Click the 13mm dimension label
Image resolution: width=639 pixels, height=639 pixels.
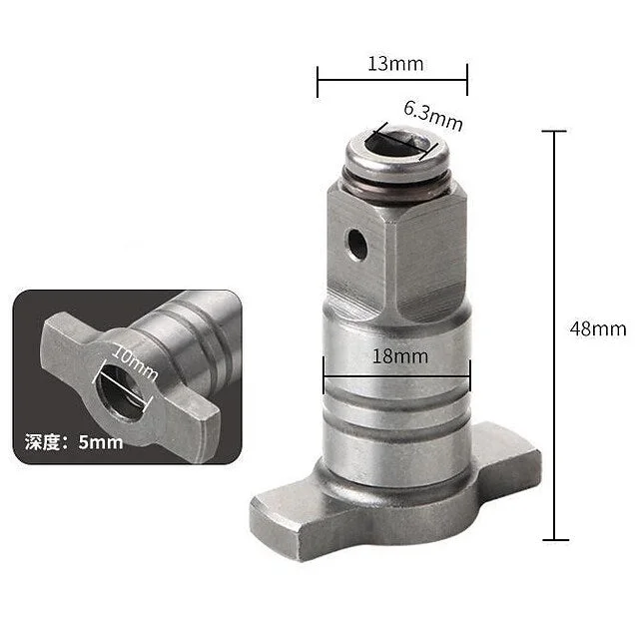pyautogui.click(x=395, y=64)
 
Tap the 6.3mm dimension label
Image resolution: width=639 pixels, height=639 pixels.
pyautogui.click(x=433, y=116)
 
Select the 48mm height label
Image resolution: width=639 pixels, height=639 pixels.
pyautogui.click(x=598, y=328)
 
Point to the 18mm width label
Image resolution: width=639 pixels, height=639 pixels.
pyautogui.click(x=400, y=356)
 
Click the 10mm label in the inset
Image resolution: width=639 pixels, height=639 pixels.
pyautogui.click(x=134, y=362)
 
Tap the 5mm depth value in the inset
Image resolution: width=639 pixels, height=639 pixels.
pyautogui.click(x=101, y=442)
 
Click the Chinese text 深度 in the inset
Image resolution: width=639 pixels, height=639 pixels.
pyautogui.click(x=42, y=442)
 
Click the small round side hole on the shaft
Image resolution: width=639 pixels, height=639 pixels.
pyautogui.click(x=357, y=244)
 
